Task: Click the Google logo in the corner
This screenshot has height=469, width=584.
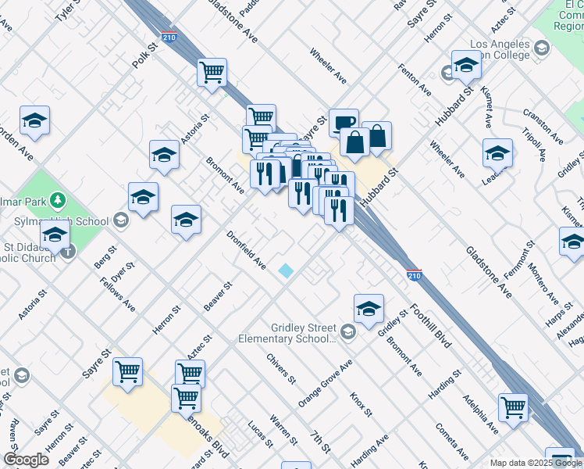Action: point(26,460)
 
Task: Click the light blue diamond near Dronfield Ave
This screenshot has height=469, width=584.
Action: point(287,270)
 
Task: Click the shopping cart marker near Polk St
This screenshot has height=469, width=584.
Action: point(212,73)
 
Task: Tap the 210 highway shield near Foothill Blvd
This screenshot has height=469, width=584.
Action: point(415,275)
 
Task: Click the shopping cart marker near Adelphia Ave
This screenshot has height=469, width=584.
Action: point(513,406)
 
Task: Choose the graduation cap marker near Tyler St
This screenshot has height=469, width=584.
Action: point(34,120)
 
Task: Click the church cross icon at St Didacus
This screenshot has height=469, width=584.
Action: point(68,251)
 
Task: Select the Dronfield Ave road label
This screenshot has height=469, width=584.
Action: point(247,251)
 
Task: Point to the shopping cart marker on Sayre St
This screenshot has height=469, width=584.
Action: point(127,372)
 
